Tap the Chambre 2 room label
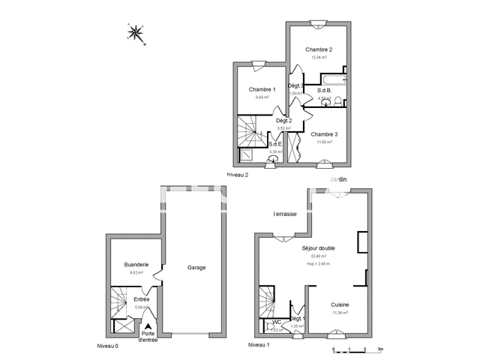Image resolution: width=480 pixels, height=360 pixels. click(319, 49)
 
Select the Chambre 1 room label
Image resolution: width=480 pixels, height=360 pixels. click(261, 89)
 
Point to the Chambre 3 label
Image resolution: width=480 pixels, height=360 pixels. click(325, 134)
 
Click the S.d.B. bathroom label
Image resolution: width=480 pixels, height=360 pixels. click(325, 89)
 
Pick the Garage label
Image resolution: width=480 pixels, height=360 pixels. click(196, 267)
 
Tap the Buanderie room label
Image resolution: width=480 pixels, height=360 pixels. click(136, 264)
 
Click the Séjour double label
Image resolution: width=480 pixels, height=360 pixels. click(318, 247)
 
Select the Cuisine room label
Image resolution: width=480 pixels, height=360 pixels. click(340, 305)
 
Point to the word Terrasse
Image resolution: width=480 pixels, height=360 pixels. click(284, 214)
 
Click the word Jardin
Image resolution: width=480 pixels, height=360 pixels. click(338, 179)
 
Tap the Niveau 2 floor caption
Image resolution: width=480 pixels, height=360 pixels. click(238, 175)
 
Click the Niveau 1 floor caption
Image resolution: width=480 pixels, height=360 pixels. click(258, 345)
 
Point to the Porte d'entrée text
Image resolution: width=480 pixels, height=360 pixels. click(149, 337)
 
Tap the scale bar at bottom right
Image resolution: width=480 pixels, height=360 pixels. click(356, 349)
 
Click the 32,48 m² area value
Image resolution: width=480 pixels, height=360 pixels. click(319, 256)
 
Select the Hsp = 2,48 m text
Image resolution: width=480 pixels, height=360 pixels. click(319, 263)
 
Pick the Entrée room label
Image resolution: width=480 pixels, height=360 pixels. click(141, 299)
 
